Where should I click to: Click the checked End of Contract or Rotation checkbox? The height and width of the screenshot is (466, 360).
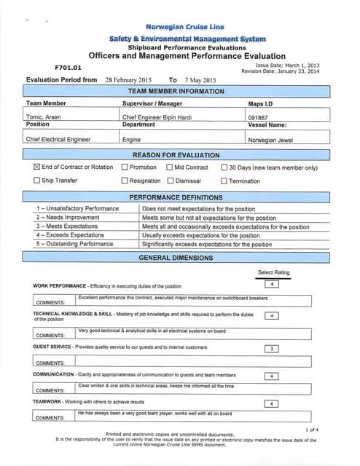point(37,167)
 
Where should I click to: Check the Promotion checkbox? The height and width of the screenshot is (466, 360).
point(125,167)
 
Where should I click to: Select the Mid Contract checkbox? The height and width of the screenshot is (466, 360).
point(169,167)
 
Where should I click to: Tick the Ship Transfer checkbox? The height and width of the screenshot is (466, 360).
point(37,181)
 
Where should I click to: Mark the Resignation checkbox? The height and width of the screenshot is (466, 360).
point(125,181)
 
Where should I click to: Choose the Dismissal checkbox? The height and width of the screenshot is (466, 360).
point(170,181)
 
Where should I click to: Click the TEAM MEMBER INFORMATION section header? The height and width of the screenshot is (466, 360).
point(176,92)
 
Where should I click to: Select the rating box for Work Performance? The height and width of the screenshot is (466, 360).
point(270,284)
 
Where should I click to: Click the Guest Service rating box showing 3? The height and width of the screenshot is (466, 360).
point(270,348)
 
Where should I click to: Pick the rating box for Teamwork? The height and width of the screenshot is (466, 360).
point(270,403)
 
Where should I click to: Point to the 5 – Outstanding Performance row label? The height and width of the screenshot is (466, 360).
point(75,244)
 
